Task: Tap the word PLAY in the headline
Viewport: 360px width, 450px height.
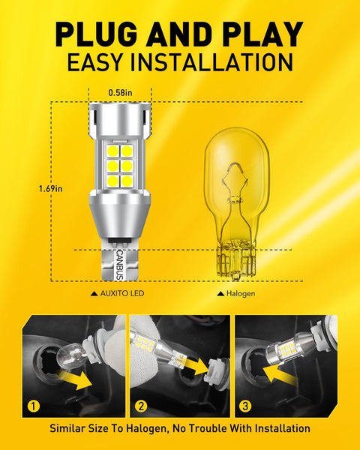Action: [x=261, y=34]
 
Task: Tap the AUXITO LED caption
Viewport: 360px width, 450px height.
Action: [x=120, y=293]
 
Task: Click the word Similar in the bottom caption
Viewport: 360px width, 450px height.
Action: [x=71, y=429]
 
